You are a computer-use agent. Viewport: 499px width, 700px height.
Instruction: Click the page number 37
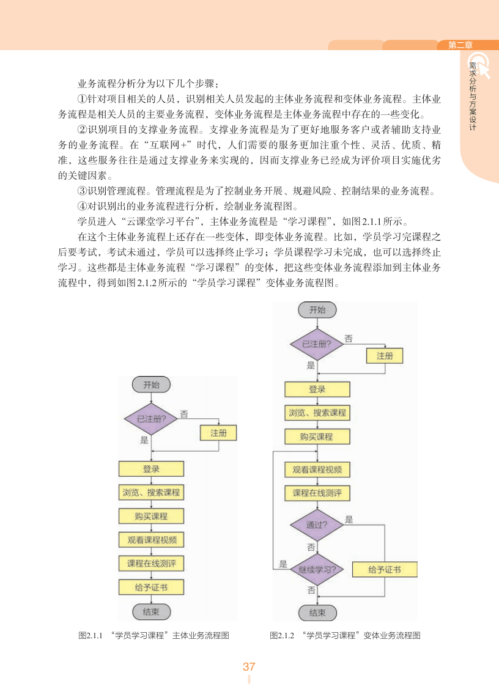249,666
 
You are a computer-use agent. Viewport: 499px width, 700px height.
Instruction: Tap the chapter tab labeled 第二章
460,45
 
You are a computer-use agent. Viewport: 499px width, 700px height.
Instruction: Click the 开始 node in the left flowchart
151,385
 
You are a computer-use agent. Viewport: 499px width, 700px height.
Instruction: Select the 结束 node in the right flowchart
317,613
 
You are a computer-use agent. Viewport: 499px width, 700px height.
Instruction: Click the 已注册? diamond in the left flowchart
151,419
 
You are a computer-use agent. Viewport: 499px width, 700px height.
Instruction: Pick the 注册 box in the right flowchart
385,356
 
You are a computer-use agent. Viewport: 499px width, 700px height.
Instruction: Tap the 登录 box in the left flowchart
151,469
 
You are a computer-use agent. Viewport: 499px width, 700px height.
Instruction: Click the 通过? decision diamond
317,525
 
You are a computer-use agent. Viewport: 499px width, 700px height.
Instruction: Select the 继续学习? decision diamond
317,570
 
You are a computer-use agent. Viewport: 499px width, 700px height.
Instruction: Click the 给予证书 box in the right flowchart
385,570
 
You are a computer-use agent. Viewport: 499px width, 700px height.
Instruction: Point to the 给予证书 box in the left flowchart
151,588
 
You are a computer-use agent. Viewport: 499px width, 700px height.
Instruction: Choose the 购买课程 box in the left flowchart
151,516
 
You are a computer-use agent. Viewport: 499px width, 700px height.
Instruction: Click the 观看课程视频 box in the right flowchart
317,470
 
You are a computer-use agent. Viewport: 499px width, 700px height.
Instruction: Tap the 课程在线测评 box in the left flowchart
151,564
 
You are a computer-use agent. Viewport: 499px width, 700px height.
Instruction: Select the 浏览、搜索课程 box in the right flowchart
317,413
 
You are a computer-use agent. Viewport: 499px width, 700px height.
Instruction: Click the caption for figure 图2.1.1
153,636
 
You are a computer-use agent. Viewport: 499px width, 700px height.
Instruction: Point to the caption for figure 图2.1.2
345,636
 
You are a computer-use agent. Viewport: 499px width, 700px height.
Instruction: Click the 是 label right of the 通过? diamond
349,520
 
